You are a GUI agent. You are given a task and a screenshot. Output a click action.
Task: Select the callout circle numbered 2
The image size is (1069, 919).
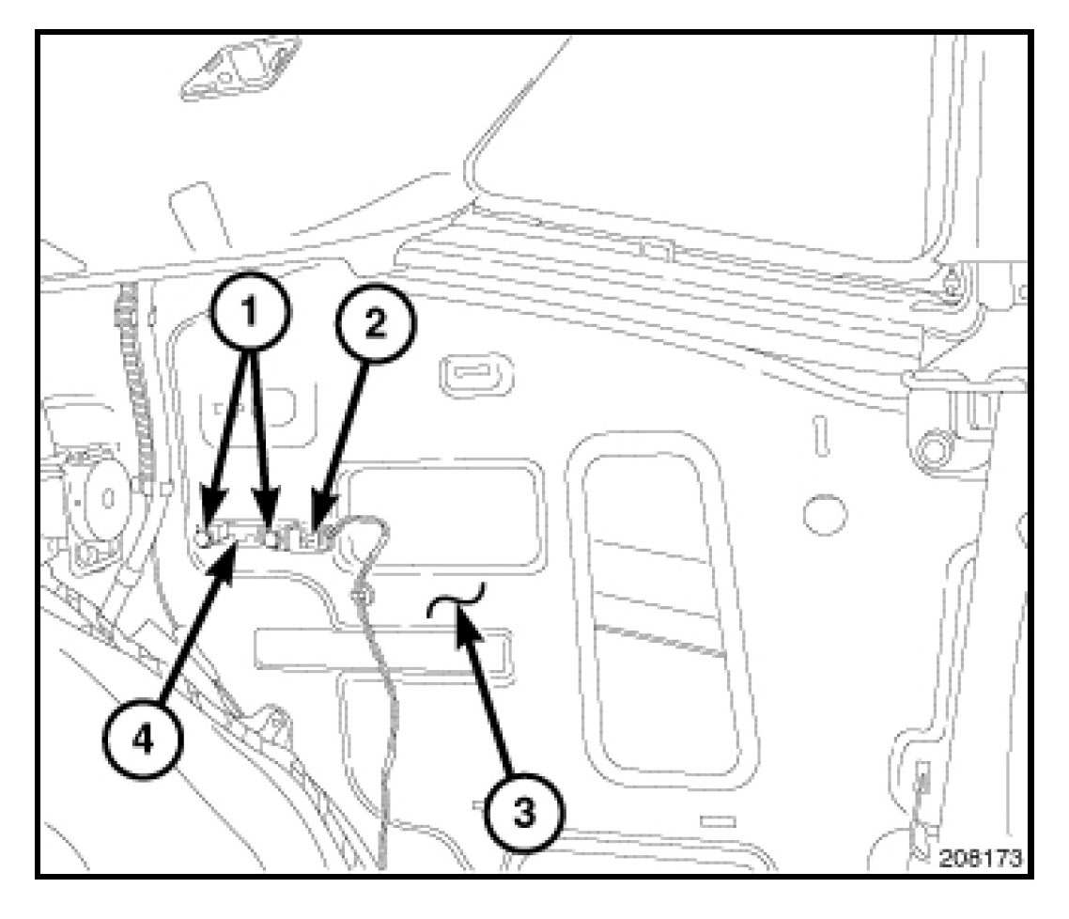373,324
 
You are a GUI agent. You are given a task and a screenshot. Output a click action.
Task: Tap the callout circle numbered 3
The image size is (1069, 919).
525,814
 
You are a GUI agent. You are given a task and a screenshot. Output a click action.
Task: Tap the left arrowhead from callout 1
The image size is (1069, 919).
207,533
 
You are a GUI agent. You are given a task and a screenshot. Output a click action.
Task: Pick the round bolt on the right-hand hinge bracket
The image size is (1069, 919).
932,447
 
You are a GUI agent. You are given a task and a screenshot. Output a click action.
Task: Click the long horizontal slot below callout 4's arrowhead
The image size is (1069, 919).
385,654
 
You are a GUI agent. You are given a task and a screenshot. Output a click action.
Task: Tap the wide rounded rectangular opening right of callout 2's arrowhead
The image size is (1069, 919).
442,511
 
